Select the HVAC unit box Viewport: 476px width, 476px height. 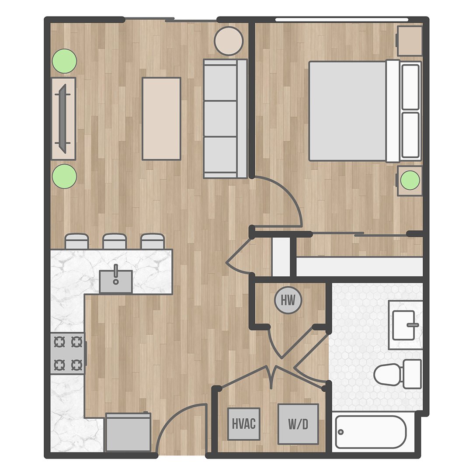[244, 424]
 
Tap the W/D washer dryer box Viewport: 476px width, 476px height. [298, 424]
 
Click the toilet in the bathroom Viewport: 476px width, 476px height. [398, 374]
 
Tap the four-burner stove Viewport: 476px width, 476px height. [67, 353]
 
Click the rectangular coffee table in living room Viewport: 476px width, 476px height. [161, 118]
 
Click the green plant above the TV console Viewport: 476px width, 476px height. [64, 61]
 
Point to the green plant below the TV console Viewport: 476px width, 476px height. [64, 177]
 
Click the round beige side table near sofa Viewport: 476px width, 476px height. [228, 41]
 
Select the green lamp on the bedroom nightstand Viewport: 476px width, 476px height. [410, 181]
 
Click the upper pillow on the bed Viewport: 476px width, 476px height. [410, 87]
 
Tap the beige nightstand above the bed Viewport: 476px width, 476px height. [409, 41]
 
